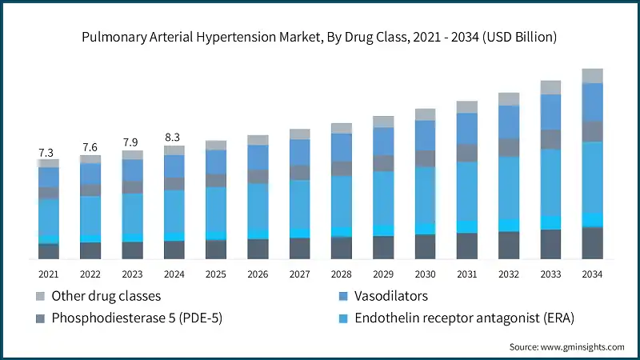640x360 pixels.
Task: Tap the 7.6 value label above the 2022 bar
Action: point(90,147)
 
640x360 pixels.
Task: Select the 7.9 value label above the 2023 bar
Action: point(132,142)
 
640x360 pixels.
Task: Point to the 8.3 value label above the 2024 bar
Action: point(174,137)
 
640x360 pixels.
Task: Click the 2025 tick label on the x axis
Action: point(216,274)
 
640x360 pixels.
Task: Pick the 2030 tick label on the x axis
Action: point(425,274)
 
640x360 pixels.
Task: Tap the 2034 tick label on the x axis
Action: point(592,274)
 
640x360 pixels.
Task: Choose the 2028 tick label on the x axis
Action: point(342,274)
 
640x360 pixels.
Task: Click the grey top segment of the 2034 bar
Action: point(592,76)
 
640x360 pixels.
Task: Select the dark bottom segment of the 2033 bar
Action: point(550,244)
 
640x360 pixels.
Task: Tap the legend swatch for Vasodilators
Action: point(344,296)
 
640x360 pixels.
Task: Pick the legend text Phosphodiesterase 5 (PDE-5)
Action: point(137,318)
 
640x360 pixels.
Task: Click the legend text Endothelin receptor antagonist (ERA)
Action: point(465,318)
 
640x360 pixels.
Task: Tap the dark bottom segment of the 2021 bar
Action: point(49,251)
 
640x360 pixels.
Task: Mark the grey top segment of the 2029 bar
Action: point(383,122)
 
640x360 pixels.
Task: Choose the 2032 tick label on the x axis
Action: point(509,274)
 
